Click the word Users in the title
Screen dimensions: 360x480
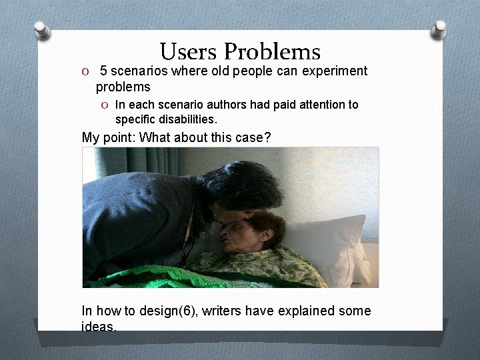(189, 52)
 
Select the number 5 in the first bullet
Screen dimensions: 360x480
(104, 71)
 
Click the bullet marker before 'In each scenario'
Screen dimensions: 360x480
(106, 105)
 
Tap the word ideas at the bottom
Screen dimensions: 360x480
(98, 327)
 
